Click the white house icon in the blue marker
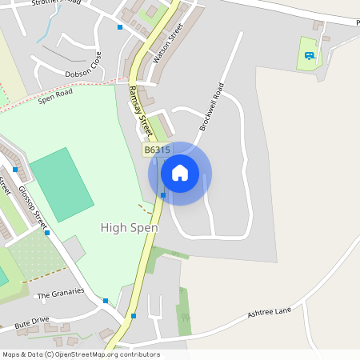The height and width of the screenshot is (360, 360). point(180,172)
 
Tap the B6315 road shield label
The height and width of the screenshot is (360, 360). point(156,150)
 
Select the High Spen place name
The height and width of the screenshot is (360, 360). point(129,228)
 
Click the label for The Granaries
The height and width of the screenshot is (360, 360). point(61,293)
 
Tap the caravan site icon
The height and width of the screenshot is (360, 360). point(310,55)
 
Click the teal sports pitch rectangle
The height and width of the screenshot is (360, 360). point(62,185)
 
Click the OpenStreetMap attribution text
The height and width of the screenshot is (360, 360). point(81,354)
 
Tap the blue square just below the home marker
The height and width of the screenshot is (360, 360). point(163,194)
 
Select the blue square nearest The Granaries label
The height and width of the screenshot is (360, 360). point(106,301)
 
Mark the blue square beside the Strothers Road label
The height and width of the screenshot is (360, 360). point(120,27)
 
